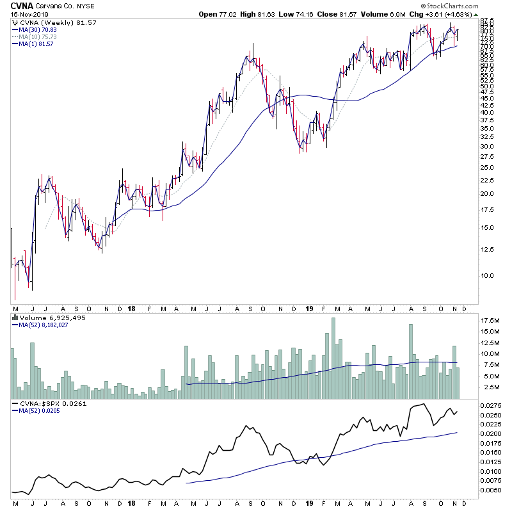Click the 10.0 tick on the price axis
(x=489, y=276)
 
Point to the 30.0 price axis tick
(x=489, y=146)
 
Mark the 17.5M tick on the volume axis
(x=491, y=319)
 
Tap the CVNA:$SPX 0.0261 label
(x=45, y=404)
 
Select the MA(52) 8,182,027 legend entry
(x=43, y=325)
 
